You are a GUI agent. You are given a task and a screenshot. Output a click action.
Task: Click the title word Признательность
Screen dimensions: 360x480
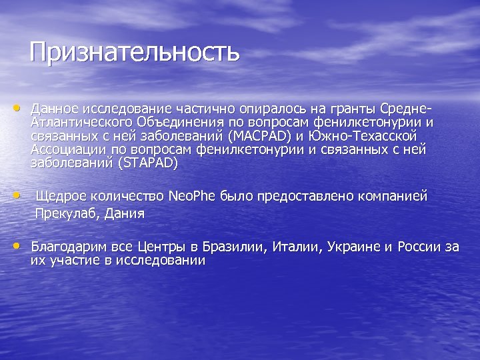coord(134,51)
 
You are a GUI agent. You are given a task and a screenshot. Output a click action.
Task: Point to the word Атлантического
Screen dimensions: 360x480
coord(81,122)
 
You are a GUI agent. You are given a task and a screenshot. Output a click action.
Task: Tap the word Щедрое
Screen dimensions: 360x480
coord(59,197)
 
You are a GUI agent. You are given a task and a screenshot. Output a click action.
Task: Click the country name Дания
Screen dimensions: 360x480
coord(126,214)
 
